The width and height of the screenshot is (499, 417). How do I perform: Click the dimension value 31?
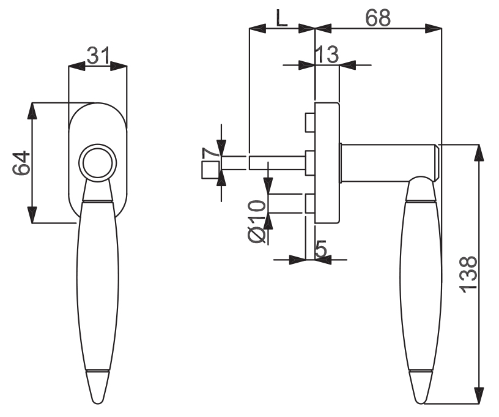[x=98, y=56]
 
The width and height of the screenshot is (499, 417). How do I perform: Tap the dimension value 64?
[x=21, y=163]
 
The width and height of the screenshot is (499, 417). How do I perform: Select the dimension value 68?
[x=378, y=18]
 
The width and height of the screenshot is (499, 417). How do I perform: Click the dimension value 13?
[x=327, y=54]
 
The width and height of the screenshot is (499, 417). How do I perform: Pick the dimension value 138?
[x=468, y=274]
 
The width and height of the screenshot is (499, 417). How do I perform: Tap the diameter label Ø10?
[x=256, y=221]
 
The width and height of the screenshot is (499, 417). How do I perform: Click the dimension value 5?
[x=321, y=249]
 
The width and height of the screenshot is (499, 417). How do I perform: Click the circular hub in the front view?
[x=98, y=163]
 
